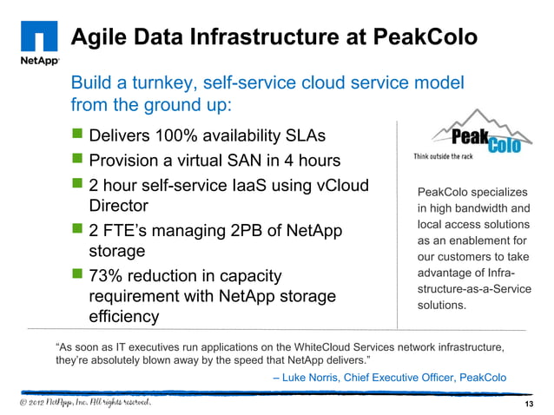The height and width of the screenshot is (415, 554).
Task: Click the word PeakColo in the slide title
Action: click(428, 38)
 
